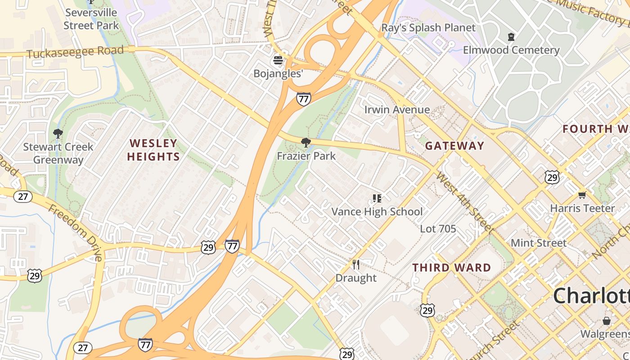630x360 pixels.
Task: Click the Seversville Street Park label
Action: [x=91, y=18]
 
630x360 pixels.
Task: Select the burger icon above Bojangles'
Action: [x=278, y=60]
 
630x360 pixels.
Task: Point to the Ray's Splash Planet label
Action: [x=428, y=28]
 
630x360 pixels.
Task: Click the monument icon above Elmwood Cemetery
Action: [x=511, y=37]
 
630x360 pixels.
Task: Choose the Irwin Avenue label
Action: [x=396, y=110]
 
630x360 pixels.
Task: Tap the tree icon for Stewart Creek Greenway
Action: [x=58, y=134]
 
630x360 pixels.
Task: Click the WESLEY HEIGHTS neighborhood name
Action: [x=153, y=150]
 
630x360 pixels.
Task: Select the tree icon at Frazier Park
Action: [x=306, y=143]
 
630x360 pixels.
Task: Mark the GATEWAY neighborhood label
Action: [x=454, y=146]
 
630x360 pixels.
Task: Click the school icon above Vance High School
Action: [x=377, y=198]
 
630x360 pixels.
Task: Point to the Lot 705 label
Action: [x=438, y=229]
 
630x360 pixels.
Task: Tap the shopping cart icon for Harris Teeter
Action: [x=582, y=195]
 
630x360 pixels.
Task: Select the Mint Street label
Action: [x=538, y=243]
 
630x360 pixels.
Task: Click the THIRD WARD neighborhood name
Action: [x=452, y=268]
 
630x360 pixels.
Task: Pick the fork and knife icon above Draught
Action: [x=356, y=264]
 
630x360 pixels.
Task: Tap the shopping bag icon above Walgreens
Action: [x=607, y=321]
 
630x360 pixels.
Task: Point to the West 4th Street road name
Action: [x=465, y=203]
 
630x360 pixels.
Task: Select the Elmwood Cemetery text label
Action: [x=511, y=49]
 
